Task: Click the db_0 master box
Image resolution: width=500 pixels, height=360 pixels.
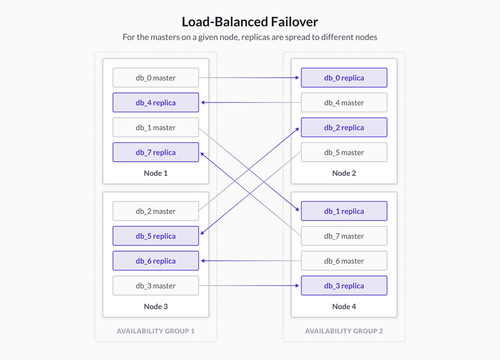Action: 156,78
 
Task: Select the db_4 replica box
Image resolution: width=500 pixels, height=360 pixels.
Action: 156,102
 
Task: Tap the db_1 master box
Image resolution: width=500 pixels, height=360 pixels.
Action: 156,128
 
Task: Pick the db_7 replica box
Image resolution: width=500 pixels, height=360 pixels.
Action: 156,152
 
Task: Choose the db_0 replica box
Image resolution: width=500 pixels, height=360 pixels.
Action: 344,78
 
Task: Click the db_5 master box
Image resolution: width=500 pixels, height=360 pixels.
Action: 344,152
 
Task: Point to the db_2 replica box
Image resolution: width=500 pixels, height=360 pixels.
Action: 344,128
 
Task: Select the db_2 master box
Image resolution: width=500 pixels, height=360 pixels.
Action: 156,211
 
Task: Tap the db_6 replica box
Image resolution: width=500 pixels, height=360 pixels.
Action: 156,261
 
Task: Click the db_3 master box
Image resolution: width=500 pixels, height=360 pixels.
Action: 156,286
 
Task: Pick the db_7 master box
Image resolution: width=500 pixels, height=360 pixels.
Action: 344,236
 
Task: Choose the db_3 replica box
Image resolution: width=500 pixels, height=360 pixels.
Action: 344,286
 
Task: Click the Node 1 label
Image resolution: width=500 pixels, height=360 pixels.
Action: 156,173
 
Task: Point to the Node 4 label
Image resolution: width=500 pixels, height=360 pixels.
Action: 344,306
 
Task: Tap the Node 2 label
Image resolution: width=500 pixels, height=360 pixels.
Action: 344,173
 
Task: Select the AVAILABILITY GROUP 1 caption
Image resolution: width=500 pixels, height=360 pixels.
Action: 156,331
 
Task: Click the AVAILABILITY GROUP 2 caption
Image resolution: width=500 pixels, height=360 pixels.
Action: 344,331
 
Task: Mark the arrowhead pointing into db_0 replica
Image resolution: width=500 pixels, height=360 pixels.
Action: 298,78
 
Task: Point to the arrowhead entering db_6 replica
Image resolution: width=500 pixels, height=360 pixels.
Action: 203,261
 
